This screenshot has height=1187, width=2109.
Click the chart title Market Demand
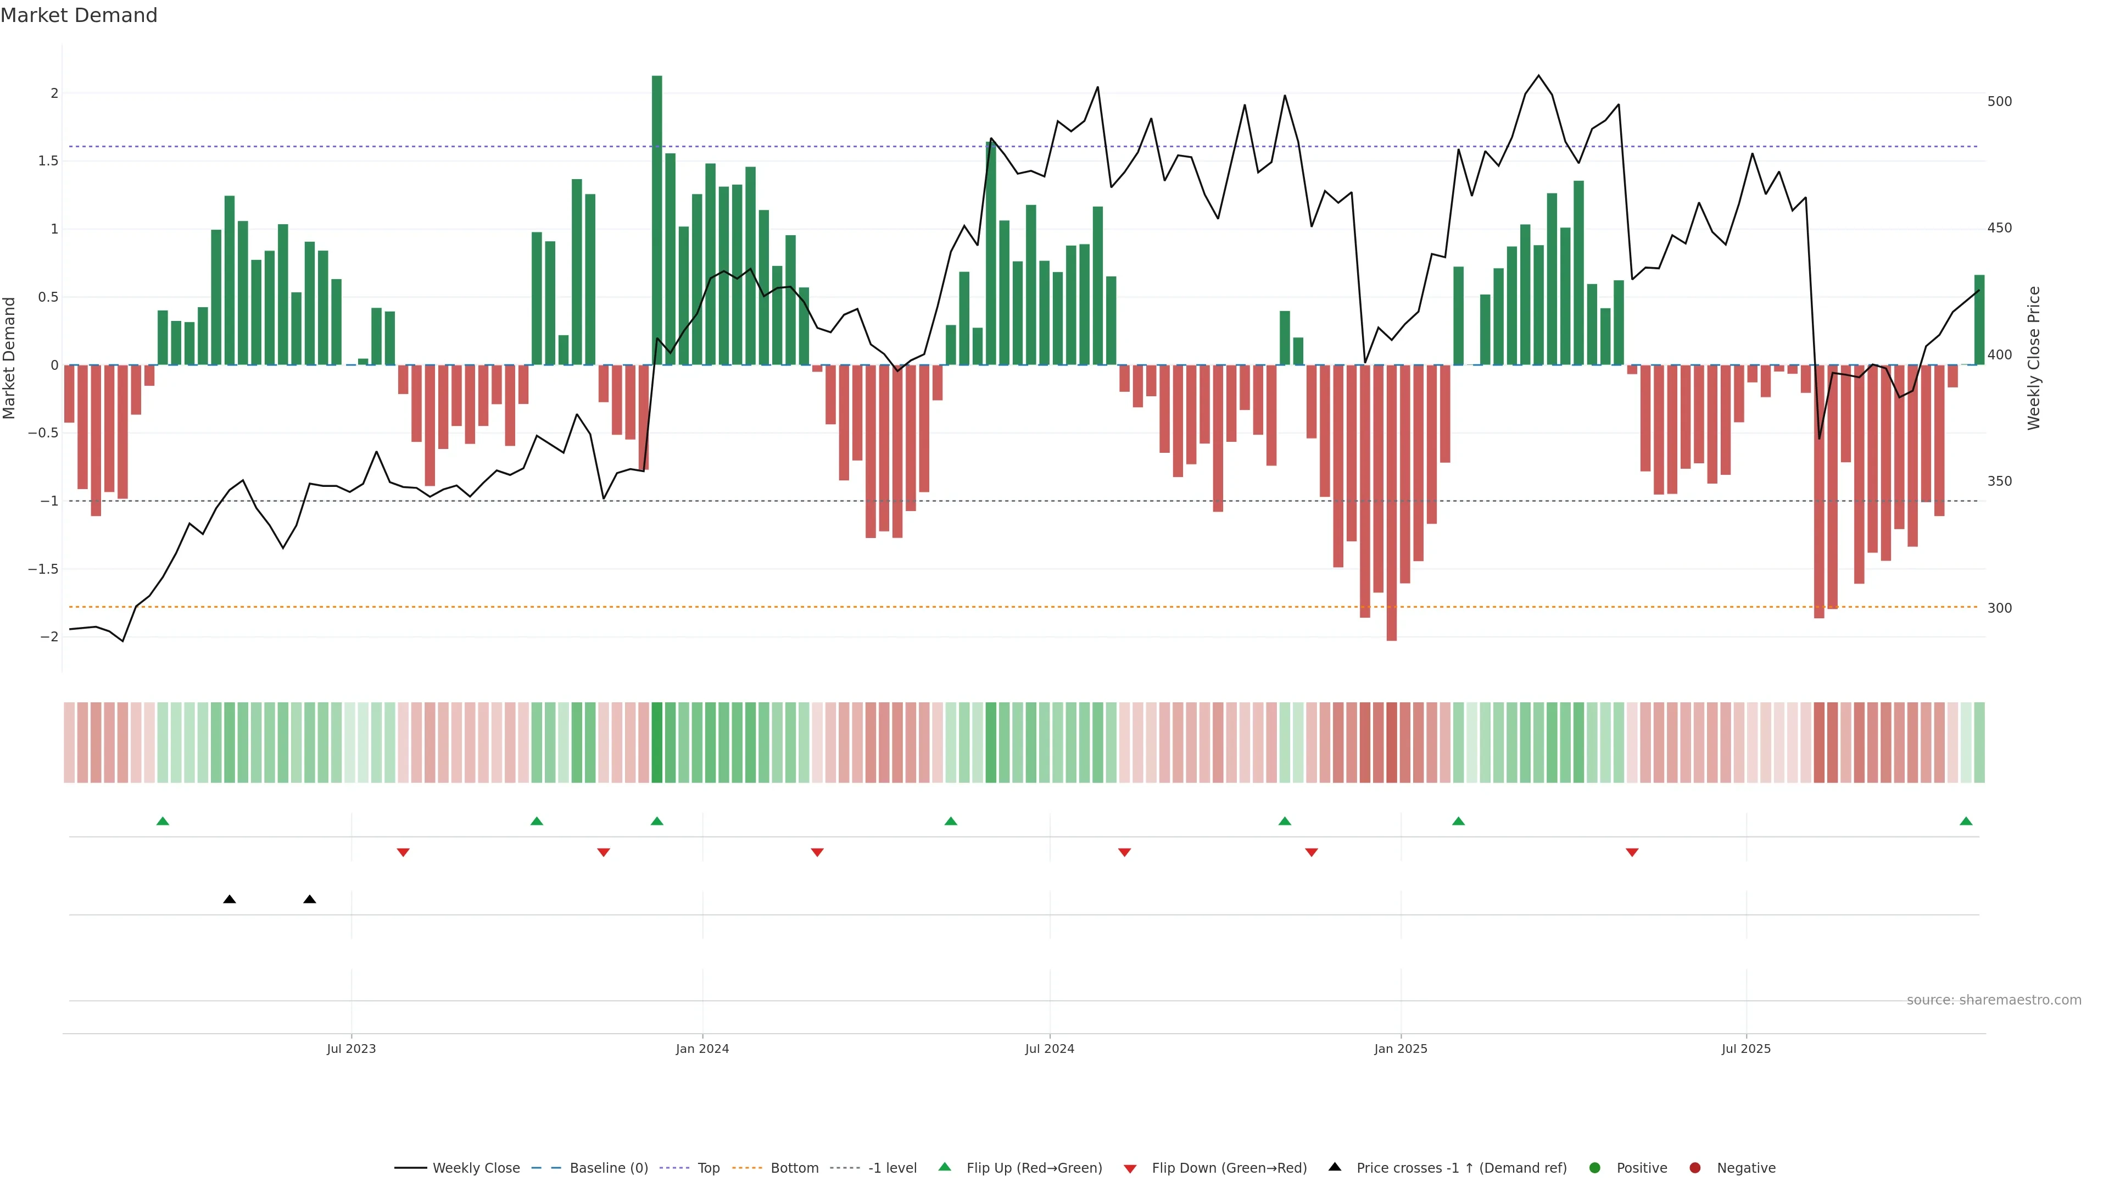click(x=79, y=15)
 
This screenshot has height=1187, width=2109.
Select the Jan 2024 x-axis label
click(x=702, y=1049)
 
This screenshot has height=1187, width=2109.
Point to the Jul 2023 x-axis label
click(x=351, y=1049)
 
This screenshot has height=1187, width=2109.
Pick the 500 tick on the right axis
click(x=1999, y=102)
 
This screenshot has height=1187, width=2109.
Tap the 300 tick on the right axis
click(x=1999, y=608)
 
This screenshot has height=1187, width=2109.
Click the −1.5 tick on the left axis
click(x=43, y=569)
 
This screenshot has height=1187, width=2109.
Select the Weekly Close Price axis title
click(x=2034, y=358)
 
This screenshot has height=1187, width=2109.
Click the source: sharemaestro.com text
click(x=1994, y=1000)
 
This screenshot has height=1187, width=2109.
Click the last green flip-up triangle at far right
click(x=1966, y=821)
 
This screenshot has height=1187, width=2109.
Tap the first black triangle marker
click(x=229, y=900)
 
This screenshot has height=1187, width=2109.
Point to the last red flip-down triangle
click(x=1632, y=853)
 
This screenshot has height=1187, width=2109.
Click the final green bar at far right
click(x=1979, y=319)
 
